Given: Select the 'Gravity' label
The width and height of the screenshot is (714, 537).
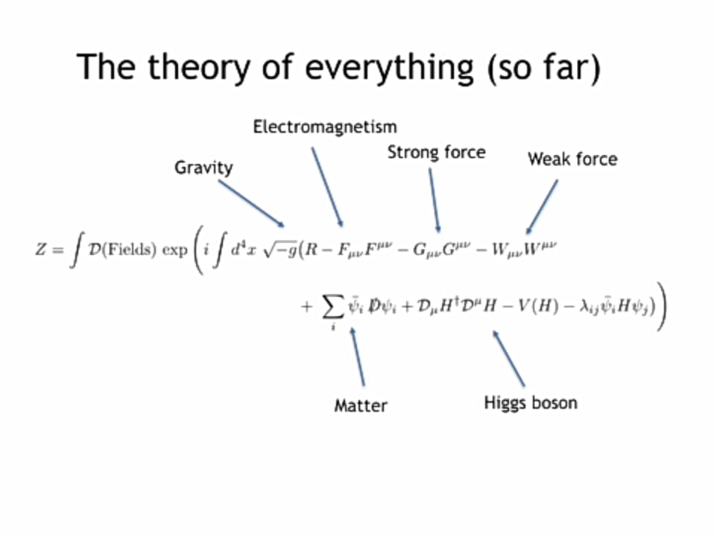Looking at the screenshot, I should (x=203, y=167).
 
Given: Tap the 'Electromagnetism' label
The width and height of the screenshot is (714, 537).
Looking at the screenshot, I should (x=325, y=127).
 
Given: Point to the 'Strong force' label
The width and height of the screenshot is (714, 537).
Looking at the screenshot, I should (x=436, y=153).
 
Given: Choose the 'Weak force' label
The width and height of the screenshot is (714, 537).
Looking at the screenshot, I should (x=572, y=159).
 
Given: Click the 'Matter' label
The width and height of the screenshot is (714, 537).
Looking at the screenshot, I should (x=361, y=406).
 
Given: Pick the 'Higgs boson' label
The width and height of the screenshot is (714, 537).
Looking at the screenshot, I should (x=531, y=403).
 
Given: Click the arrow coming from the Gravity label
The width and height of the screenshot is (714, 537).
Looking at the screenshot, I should (x=251, y=203).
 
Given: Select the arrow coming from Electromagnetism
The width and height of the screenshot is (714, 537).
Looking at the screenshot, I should (x=326, y=186).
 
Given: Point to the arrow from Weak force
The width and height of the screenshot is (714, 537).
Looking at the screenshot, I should (x=542, y=207).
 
